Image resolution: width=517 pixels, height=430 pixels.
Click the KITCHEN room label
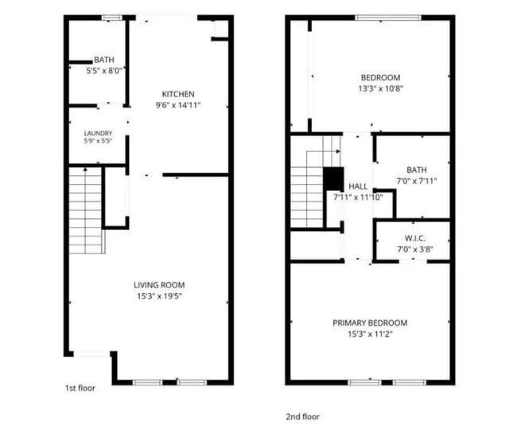point(178,94)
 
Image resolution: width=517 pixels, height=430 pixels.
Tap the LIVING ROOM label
point(159,285)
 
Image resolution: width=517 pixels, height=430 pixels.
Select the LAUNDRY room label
point(98,133)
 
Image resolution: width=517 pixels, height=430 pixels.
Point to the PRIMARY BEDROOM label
point(370,322)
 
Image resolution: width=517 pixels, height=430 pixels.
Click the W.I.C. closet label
point(415,238)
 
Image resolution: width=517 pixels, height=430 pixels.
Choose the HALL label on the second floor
point(358,186)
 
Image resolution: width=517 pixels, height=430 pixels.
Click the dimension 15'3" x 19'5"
point(160,296)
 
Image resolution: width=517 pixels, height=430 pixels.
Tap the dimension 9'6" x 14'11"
point(178,105)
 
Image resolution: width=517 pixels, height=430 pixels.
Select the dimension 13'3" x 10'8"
point(381,88)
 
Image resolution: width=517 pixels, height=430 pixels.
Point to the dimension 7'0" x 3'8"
point(415,249)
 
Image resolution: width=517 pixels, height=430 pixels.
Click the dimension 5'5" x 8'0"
point(104,71)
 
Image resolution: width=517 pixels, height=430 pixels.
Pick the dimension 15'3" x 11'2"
point(370,334)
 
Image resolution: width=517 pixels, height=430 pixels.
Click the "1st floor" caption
point(80,388)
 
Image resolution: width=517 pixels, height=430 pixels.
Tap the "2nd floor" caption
point(303,416)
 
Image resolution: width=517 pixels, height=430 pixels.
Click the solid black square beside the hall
point(333,179)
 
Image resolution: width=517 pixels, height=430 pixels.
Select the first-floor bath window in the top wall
point(112,18)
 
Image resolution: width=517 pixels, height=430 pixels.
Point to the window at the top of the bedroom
point(388,18)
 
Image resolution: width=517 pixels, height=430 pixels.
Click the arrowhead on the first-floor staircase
point(85,170)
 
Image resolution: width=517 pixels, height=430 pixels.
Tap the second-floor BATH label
point(417,170)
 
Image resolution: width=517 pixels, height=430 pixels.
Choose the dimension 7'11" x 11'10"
point(358,197)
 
